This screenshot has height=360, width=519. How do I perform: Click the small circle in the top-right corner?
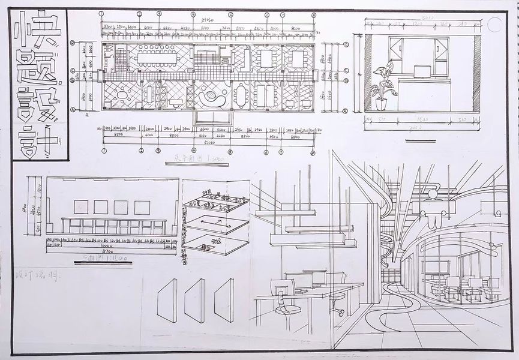pyautogui.click(x=495, y=25)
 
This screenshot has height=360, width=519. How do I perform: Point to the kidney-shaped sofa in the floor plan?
pyautogui.click(x=210, y=96)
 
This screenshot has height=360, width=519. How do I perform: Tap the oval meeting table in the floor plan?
pyautogui.click(x=241, y=94)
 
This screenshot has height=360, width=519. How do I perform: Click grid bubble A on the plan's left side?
pyautogui.click(x=73, y=109)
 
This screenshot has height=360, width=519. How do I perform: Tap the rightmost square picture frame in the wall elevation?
pyautogui.click(x=142, y=208)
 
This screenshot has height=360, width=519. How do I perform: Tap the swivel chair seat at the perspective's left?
pyautogui.click(x=288, y=310)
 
